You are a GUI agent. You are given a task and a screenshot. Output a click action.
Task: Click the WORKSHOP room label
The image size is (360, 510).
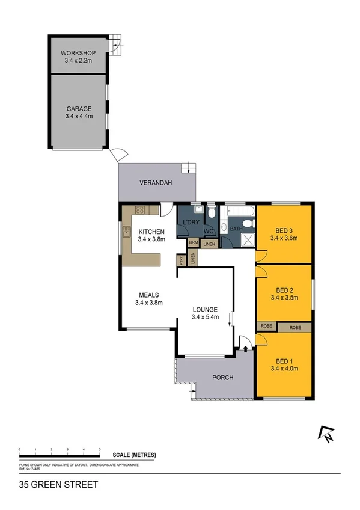79,52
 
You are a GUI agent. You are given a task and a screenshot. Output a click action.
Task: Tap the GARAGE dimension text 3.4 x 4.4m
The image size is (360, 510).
79,116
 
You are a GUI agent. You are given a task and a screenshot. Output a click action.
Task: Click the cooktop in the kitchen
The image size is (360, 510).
140,210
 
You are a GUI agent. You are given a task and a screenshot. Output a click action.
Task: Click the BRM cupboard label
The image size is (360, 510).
193,243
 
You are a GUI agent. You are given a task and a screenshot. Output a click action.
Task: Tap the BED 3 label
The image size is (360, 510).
284,230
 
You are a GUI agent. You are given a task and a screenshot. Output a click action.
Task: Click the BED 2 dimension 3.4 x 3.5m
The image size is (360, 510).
284,297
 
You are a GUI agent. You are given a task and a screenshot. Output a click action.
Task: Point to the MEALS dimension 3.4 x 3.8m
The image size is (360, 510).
148,303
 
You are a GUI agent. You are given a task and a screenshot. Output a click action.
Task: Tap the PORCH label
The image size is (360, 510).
222,378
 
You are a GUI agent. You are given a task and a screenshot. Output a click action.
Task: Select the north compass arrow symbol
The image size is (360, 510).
326,434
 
